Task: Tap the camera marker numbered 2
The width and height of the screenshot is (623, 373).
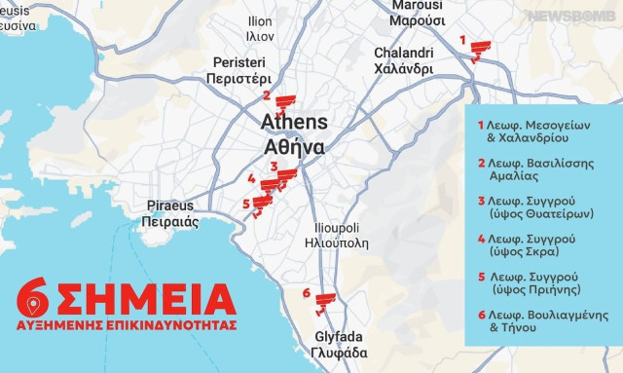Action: [x=283, y=101]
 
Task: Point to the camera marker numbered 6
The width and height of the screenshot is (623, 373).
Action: [x=323, y=300]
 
